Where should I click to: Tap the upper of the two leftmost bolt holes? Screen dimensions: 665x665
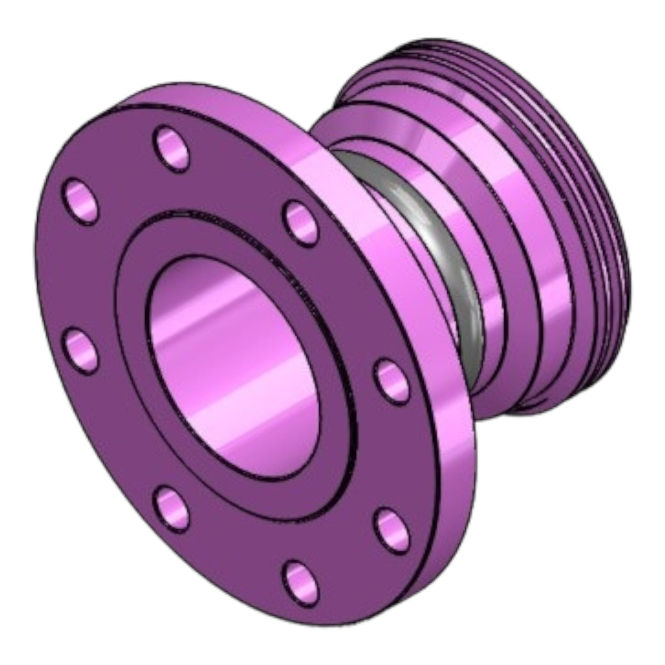82,201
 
